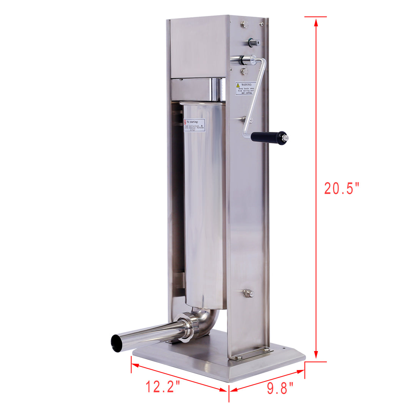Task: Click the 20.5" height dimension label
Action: [341, 188]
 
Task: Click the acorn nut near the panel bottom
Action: [248, 293]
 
